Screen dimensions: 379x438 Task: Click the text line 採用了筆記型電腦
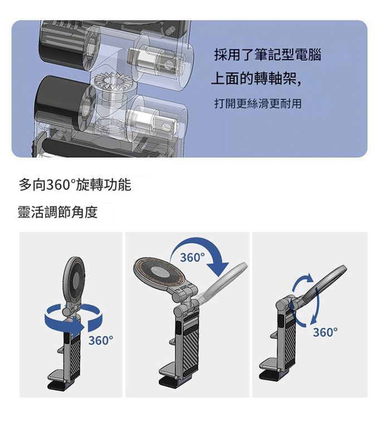(x=268, y=55)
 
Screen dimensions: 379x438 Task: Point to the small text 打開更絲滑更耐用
(x=258, y=104)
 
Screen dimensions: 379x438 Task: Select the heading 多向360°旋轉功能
(x=75, y=185)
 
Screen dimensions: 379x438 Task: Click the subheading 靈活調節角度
(x=58, y=212)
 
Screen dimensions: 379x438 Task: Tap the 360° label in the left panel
(x=101, y=340)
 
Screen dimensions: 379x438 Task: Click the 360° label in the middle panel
(x=193, y=258)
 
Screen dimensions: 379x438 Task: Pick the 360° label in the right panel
(x=325, y=333)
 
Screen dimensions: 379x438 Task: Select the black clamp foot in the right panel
(x=270, y=376)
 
